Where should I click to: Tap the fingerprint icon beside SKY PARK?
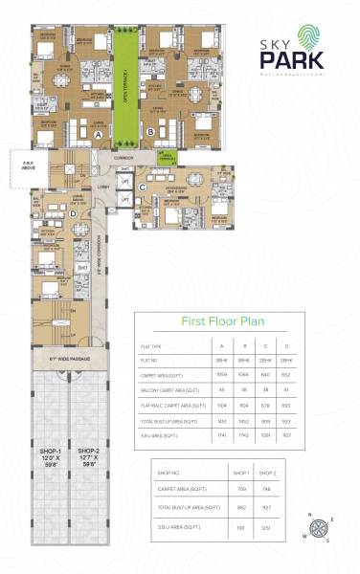click(x=331, y=36)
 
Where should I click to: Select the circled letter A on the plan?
click(x=100, y=135)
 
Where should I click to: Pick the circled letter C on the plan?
click(x=142, y=188)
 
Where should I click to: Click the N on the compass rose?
click(x=308, y=515)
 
